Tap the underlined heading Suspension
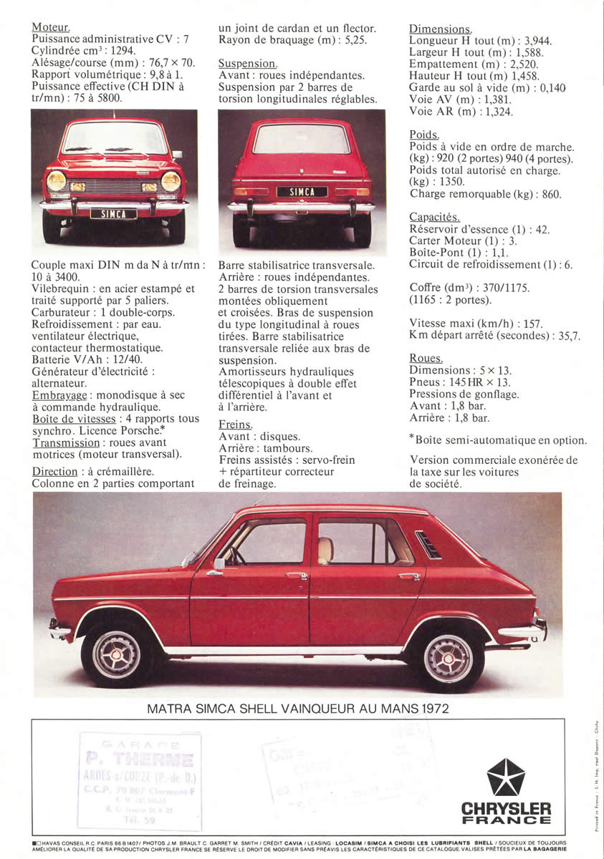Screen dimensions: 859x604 tap(247, 64)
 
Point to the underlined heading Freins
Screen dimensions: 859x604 tap(235, 424)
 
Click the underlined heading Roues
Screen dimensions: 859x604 tap(426, 358)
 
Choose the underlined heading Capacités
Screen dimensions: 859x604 tap(434, 217)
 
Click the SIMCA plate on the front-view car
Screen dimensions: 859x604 tap(113, 214)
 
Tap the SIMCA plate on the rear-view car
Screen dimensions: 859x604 tap(302, 192)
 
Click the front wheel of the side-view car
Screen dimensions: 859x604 tap(115, 654)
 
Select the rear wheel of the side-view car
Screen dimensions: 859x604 tap(447, 657)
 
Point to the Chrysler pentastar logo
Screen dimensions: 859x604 tap(505, 777)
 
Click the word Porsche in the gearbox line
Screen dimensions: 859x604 tap(140, 431)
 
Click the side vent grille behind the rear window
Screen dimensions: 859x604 tap(427, 545)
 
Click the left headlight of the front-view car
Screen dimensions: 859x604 tap(56, 181)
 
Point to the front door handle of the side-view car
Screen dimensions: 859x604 tap(296, 575)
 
